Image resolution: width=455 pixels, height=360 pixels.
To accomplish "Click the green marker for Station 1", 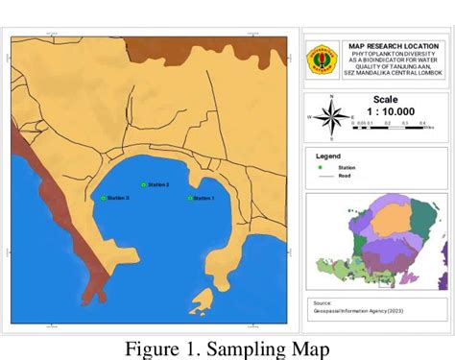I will pos(190,198).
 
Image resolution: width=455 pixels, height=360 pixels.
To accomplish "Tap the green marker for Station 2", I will pos(143,184).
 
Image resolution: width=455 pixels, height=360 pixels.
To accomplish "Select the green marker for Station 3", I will pos(103,198).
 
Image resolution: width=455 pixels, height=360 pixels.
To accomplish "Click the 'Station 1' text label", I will pos(204,199).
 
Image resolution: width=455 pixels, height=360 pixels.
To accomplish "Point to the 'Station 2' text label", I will pos(158,184).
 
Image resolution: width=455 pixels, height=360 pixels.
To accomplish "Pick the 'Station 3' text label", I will pos(117,198).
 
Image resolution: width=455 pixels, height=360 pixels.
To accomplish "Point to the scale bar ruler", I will pos(391,123).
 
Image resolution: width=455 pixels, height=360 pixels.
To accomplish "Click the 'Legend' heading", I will pos(329,155).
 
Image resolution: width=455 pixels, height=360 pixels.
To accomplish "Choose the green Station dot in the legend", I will pos(321,167).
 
